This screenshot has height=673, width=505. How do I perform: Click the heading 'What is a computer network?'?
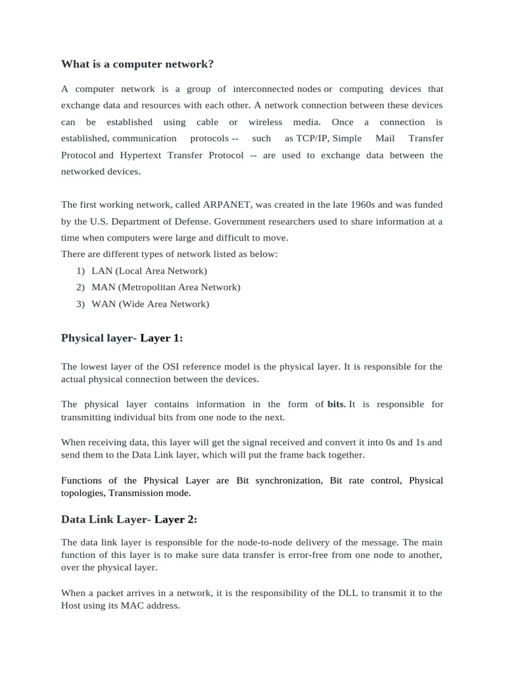pyautogui.click(x=137, y=64)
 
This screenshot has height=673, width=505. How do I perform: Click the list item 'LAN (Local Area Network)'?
pyautogui.click(x=149, y=271)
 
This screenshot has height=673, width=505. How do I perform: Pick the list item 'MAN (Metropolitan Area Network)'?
pyautogui.click(x=166, y=287)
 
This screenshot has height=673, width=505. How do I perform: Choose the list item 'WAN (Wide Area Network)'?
pyautogui.click(x=150, y=304)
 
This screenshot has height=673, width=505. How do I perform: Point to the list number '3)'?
pyautogui.click(x=80, y=304)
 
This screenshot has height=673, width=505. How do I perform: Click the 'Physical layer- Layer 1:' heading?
pyautogui.click(x=122, y=338)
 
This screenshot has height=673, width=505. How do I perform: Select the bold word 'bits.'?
pyautogui.click(x=337, y=404)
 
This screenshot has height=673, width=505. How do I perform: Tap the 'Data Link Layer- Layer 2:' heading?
pyautogui.click(x=129, y=519)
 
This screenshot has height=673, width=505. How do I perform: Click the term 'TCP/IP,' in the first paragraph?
pyautogui.click(x=313, y=138)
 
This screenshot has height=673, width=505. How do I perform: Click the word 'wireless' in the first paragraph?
pyautogui.click(x=265, y=122)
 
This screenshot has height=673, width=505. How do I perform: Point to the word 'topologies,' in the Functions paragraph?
pyautogui.click(x=84, y=492)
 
